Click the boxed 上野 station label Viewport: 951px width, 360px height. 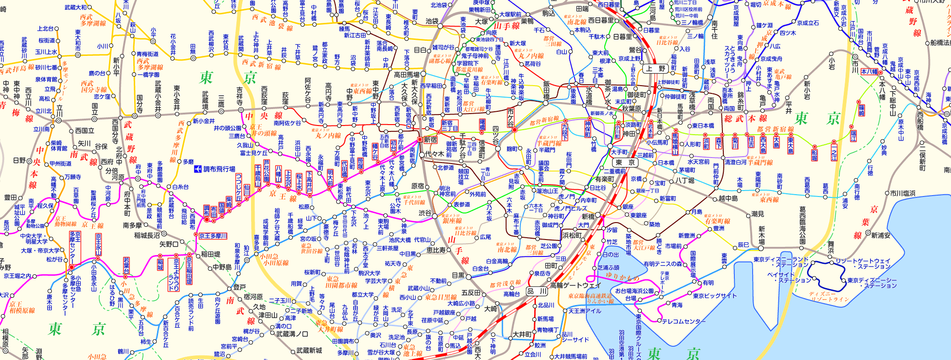656,69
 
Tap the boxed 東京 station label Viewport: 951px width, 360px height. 625,162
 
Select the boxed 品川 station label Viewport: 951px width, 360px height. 537,291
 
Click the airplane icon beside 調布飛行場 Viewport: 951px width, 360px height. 198,169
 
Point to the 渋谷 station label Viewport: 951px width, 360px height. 425,213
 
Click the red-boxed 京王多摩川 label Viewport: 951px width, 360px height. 213,236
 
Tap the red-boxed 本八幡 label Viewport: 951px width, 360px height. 869,71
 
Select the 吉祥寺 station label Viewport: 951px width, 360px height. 240,97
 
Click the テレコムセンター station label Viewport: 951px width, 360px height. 683,321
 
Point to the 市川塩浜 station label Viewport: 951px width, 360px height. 902,193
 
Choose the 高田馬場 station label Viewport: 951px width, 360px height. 407,74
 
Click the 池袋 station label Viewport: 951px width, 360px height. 432,21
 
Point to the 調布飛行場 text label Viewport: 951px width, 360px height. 219,169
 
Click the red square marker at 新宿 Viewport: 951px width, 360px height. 419,139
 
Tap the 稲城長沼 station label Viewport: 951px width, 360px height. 147,235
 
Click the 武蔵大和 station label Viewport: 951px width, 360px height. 76,7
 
